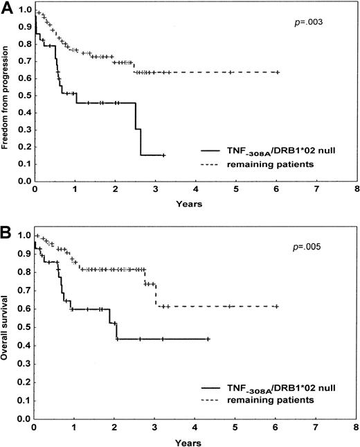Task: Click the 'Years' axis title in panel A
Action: pos(195,206)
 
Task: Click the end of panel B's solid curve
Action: pos(209,339)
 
